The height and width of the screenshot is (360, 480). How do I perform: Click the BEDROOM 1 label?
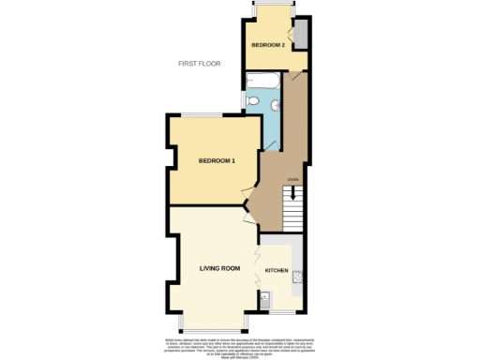tap(216, 161)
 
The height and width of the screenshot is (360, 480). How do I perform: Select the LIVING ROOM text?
tap(219, 268)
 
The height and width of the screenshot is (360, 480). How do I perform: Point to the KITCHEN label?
tap(277, 270)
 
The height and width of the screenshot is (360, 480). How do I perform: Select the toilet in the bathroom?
tap(252, 101)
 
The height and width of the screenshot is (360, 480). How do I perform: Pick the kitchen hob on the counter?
tap(296, 276)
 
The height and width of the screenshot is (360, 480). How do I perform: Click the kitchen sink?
tap(265, 301)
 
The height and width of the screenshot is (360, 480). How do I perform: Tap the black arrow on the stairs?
tap(294, 193)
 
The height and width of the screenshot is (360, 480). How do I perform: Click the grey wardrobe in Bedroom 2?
tap(302, 35)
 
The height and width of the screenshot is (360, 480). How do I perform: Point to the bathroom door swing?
tap(275, 137)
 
